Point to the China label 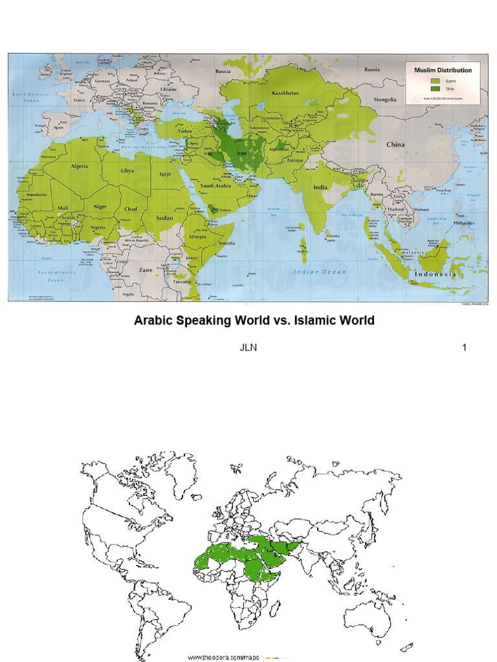pos(395,145)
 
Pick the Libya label pos(127,171)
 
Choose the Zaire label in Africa pos(146,270)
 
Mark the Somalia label pos(227,242)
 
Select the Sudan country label pos(164,219)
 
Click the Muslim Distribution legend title pos(443,70)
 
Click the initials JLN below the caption pos(248,348)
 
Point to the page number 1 pos(464,348)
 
